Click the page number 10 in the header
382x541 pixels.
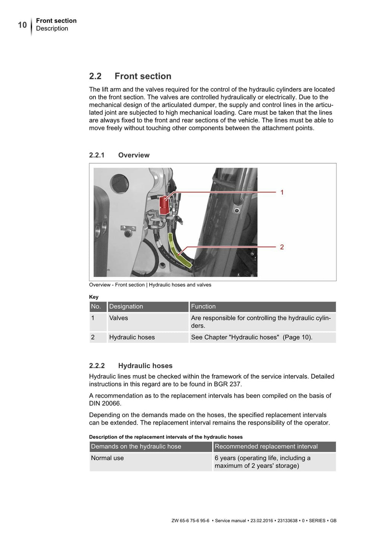(x=22, y=25)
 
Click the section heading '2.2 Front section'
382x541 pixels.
(x=130, y=76)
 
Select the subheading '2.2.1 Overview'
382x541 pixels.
(x=119, y=155)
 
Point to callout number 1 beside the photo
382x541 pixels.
(x=282, y=192)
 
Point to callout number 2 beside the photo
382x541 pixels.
(x=282, y=247)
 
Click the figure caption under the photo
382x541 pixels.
(x=150, y=285)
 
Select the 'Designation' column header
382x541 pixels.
(x=126, y=307)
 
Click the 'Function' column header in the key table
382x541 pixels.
(x=203, y=307)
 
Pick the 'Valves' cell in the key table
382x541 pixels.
(x=119, y=318)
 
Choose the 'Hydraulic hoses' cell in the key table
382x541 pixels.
(x=132, y=337)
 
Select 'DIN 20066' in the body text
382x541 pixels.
(x=105, y=404)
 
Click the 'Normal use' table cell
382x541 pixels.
(x=107, y=458)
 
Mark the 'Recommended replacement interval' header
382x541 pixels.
(x=266, y=447)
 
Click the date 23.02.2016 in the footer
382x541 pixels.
(x=262, y=520)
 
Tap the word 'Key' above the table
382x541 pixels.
(x=94, y=297)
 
